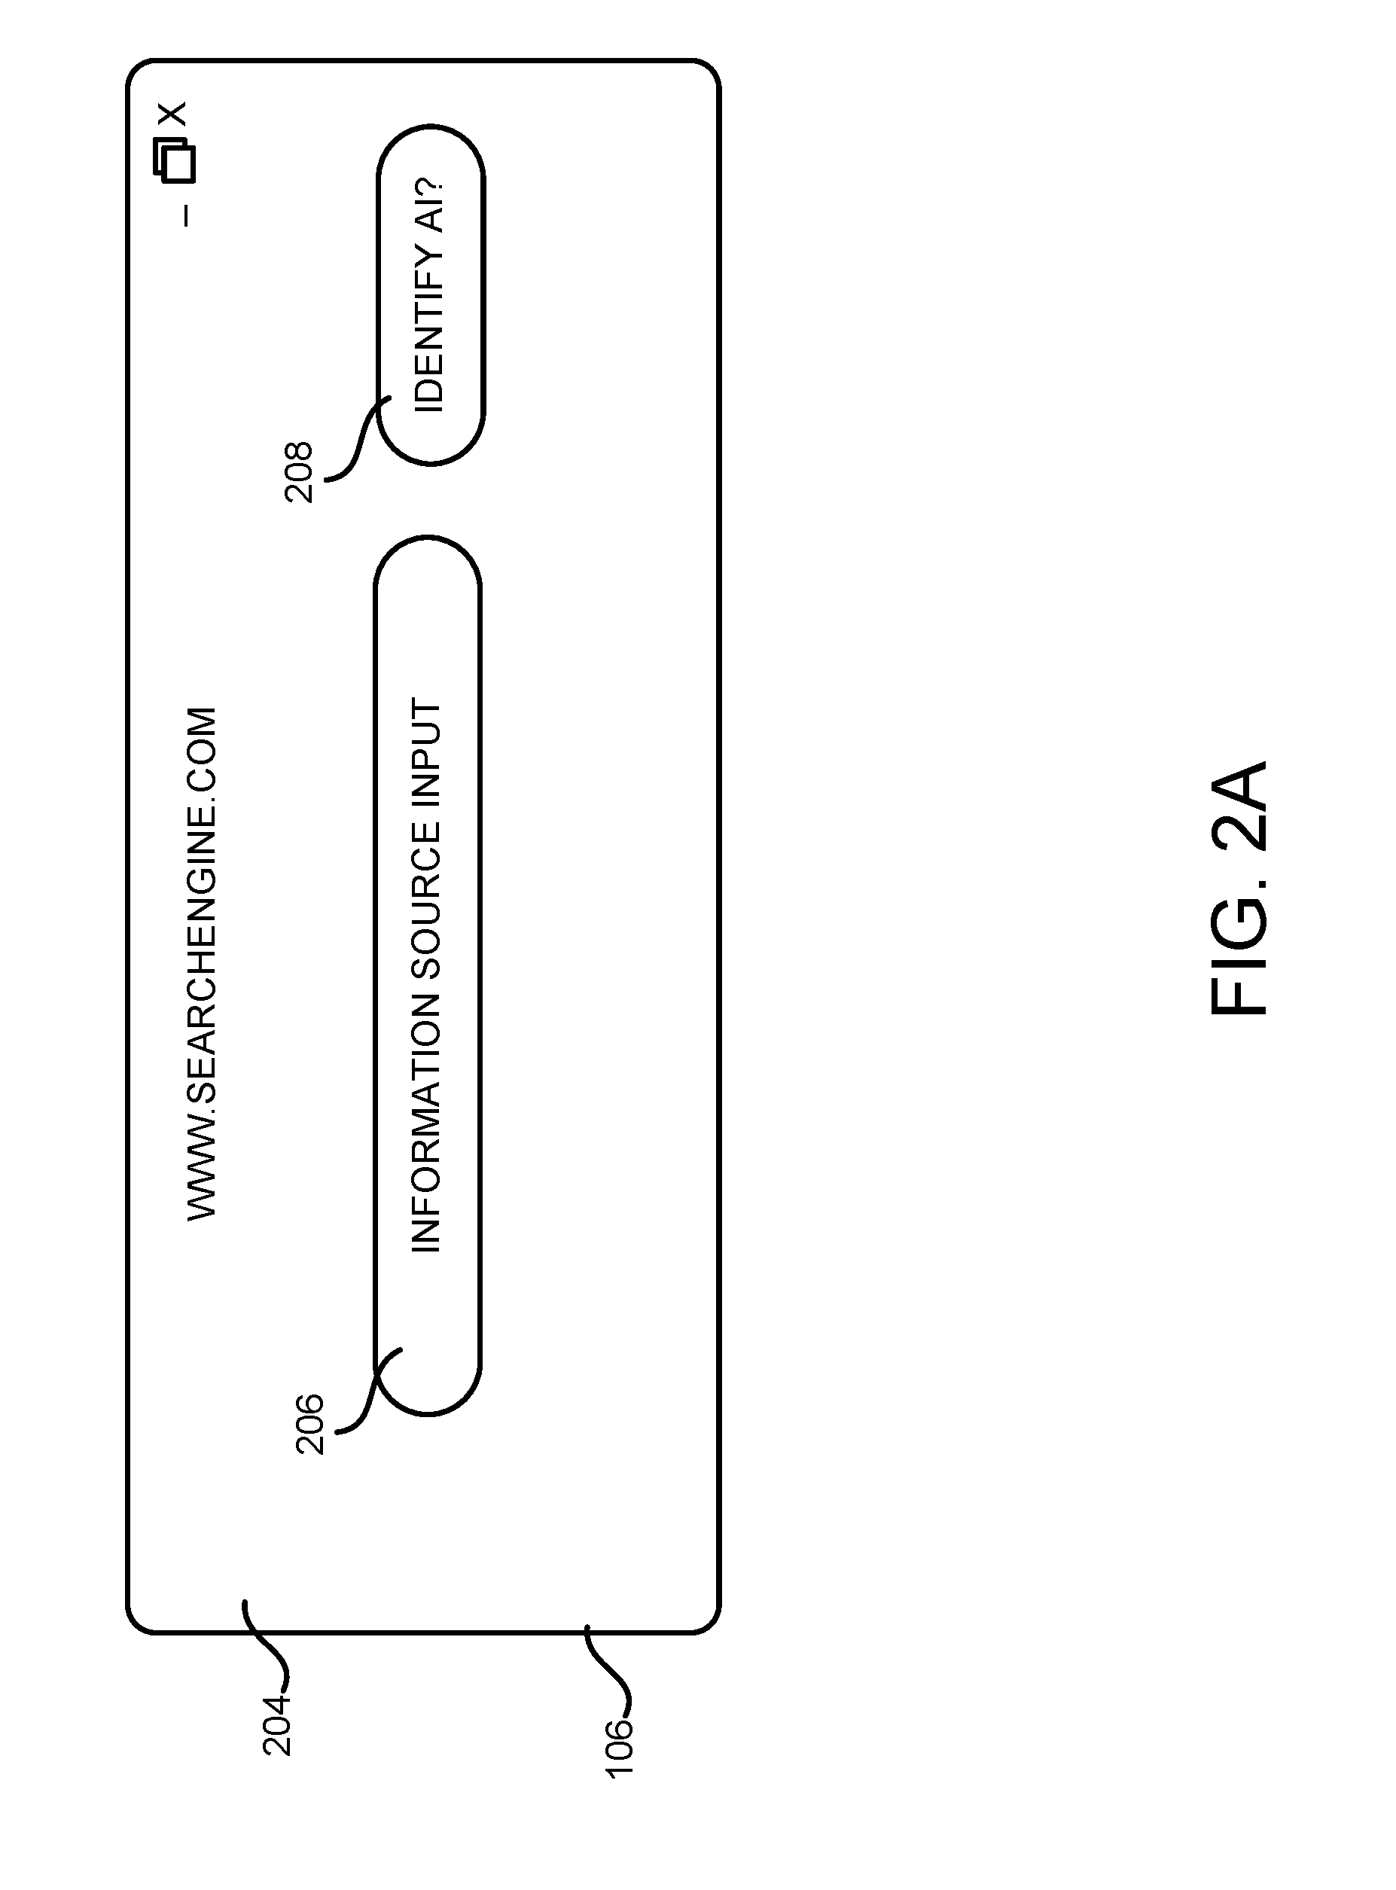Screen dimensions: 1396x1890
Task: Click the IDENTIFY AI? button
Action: click(x=430, y=295)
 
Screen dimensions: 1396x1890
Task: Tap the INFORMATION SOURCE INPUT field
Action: click(x=428, y=975)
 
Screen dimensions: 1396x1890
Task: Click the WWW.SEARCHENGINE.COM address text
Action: click(x=202, y=964)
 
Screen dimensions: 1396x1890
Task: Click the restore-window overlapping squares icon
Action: click(x=174, y=161)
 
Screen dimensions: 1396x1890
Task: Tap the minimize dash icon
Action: click(x=186, y=216)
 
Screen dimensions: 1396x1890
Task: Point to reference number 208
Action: click(x=298, y=472)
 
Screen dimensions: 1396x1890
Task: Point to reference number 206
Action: click(x=309, y=1424)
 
